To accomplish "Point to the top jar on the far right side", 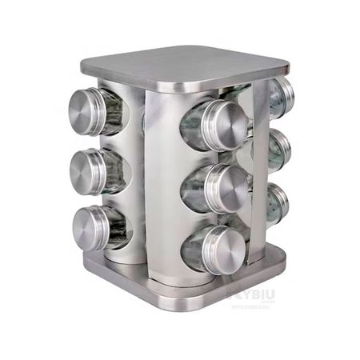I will click(282, 96).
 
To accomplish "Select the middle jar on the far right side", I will click(281, 149).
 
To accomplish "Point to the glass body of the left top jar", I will click(114, 111).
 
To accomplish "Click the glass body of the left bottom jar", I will click(118, 230).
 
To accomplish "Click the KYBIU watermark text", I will click(254, 296).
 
